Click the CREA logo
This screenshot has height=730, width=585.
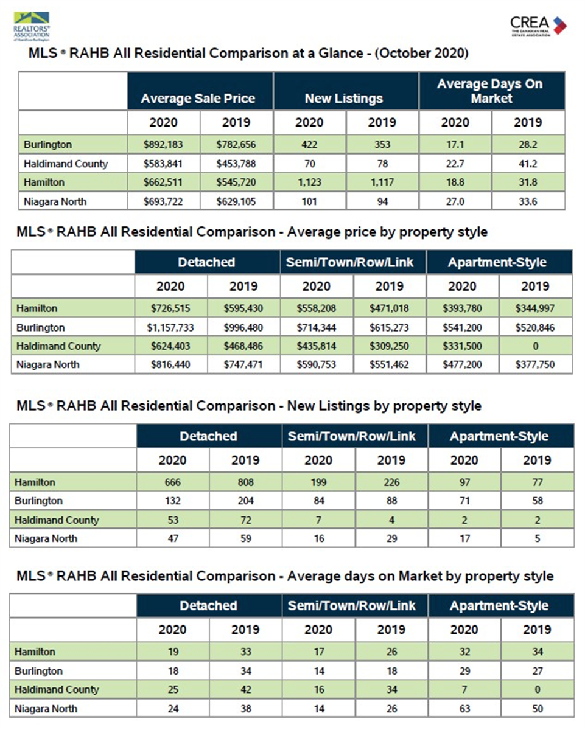point(539,26)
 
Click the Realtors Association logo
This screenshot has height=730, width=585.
point(32,26)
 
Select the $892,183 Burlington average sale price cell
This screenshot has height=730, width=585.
point(163,145)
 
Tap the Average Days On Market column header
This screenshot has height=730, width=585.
point(492,91)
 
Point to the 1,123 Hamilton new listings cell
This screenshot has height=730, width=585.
point(309,182)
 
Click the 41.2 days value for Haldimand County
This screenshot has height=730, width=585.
point(528,164)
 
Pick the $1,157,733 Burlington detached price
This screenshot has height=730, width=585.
point(170,328)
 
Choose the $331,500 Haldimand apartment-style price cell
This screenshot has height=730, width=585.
point(462,346)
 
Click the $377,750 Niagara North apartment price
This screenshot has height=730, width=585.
point(535,364)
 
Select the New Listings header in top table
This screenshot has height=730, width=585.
point(344,99)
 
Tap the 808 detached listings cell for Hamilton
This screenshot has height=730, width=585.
point(245,482)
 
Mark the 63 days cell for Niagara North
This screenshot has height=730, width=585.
point(464,709)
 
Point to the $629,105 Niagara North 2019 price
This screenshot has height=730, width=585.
point(236,202)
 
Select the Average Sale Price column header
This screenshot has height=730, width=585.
point(198,99)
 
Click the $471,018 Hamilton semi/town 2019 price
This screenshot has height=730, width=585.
point(389,308)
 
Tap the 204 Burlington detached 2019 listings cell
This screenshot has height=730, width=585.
point(245,501)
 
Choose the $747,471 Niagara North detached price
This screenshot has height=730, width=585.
point(243,364)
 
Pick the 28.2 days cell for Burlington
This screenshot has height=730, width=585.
point(528,145)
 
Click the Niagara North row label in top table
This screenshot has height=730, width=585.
point(55,202)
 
